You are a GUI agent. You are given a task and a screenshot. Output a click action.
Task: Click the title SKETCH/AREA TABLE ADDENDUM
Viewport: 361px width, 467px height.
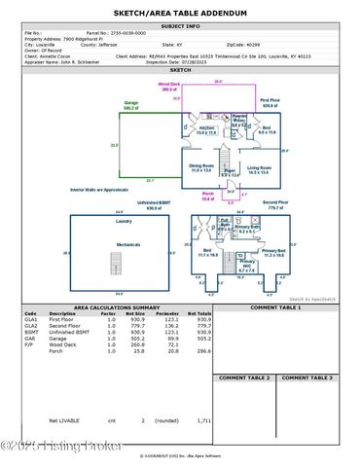coord(180,11)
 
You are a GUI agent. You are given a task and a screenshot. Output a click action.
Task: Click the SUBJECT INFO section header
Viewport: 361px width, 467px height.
coord(180,25)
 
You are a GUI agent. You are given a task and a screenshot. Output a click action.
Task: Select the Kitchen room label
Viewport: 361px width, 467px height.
coord(206,128)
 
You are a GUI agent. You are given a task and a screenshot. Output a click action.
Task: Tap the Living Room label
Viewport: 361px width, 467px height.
coord(259,167)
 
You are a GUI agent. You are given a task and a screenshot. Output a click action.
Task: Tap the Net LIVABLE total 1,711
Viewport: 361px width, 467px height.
coord(202,421)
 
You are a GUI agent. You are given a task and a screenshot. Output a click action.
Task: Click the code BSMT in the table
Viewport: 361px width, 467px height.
coord(30,336)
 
